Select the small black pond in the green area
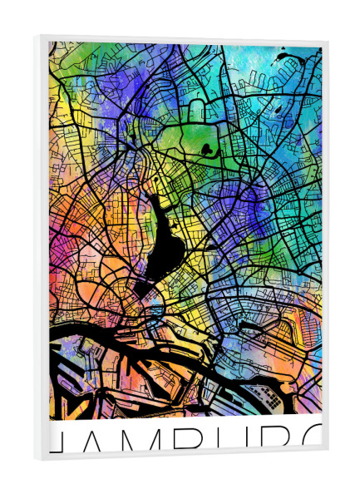[205, 150]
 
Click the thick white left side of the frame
[42, 249]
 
